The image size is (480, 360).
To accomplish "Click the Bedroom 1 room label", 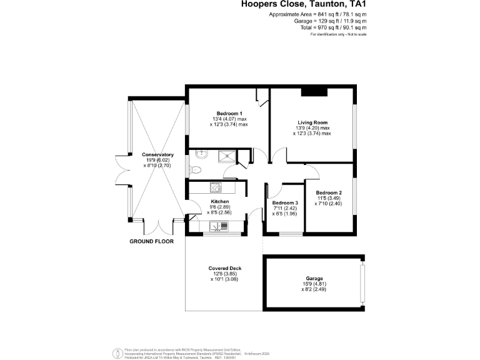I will point(228,113).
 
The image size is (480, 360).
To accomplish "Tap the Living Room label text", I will point(312,122).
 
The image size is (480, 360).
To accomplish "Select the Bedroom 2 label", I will point(328,192).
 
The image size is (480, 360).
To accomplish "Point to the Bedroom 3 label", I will point(284,202).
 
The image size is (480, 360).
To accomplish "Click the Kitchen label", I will point(219,202).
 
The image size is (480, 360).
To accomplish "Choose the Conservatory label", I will point(157,154).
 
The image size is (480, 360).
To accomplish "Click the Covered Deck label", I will point(224,268).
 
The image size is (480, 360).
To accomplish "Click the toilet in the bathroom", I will point(195,169).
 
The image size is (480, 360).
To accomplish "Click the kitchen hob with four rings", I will point(216,187).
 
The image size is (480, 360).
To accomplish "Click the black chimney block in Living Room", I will point(314,92).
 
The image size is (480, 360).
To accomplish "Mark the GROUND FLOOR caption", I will point(151,241).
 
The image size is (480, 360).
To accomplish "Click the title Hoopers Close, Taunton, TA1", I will point(304,4).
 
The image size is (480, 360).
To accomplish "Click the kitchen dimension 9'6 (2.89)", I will point(219,207).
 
